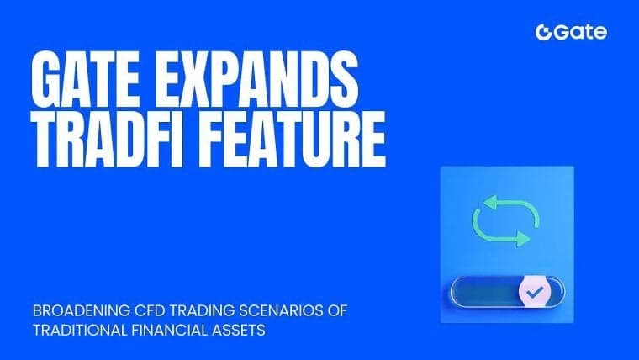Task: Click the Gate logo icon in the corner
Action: (543, 33)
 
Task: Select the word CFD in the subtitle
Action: (153, 311)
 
